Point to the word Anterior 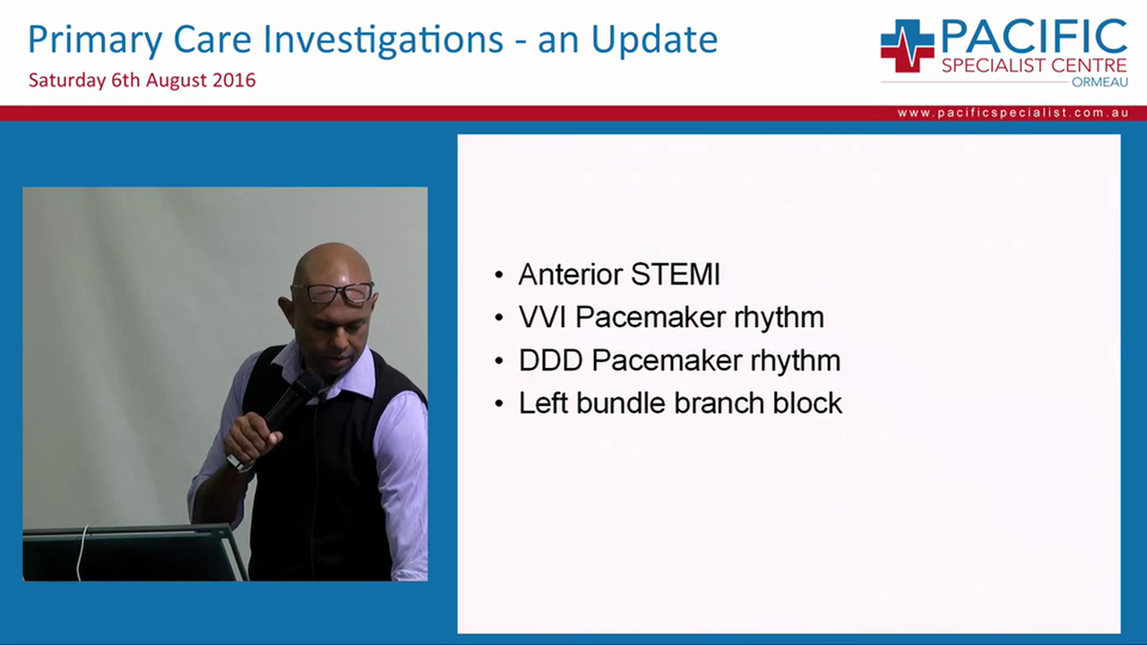tap(571, 274)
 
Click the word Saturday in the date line tap(66, 81)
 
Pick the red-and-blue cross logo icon tap(906, 46)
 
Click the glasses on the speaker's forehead tap(332, 293)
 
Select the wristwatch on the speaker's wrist tap(238, 462)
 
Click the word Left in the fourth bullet tap(544, 403)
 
